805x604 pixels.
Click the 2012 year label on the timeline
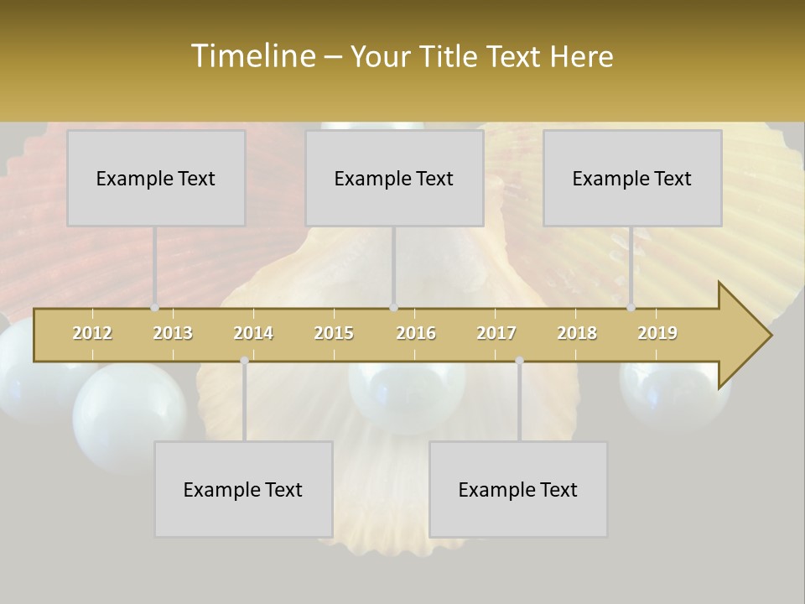pos(92,333)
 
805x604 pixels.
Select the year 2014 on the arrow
pos(253,333)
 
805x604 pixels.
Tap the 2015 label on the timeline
pos(334,333)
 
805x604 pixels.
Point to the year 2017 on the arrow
pos(496,333)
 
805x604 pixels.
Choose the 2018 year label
pos(577,333)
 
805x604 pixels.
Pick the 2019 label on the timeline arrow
pos(657,333)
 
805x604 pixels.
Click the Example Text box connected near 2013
pos(156,178)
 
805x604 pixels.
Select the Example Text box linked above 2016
pos(394,178)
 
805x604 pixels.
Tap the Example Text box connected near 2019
pos(632,178)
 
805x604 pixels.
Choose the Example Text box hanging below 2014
pos(243,489)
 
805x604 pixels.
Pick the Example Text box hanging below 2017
pos(518,489)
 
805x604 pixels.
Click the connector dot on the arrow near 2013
pos(155,308)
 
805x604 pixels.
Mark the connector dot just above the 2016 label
pos(394,308)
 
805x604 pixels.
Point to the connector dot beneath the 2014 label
pos(244,361)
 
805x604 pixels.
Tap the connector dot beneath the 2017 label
pos(519,361)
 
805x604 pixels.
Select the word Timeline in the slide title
pos(252,56)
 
